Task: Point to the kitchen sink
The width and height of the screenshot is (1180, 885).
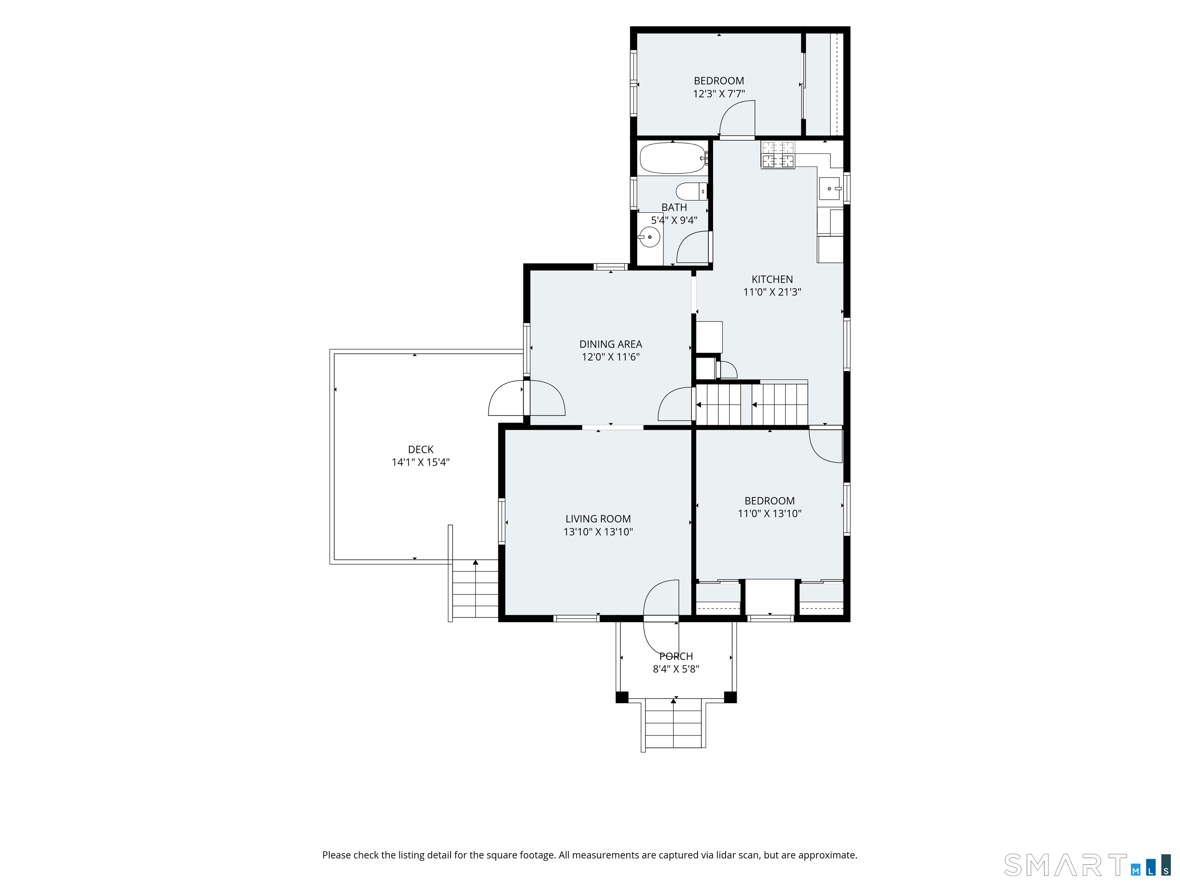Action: (x=830, y=188)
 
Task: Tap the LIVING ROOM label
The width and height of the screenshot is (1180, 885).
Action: (x=598, y=519)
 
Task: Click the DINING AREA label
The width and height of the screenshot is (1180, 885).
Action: (x=611, y=345)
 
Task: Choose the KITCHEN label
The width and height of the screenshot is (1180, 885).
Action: (x=772, y=280)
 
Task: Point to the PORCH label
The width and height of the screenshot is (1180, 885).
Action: (x=676, y=657)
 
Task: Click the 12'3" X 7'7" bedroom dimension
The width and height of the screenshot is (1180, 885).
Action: (x=719, y=94)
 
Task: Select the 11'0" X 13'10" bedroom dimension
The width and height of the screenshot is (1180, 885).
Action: (x=769, y=514)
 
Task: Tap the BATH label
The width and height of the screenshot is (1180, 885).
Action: (x=674, y=207)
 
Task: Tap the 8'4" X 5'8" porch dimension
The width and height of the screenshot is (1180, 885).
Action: (x=676, y=670)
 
